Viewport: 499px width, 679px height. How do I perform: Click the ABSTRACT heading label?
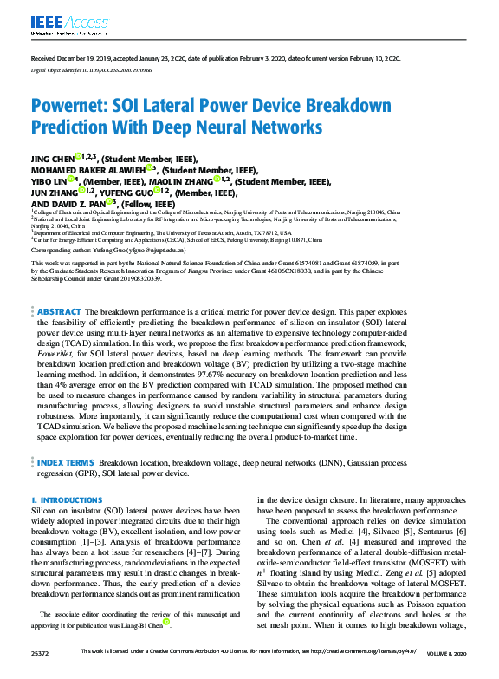click(x=56, y=311)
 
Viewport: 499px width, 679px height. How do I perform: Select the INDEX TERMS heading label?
click(x=65, y=463)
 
